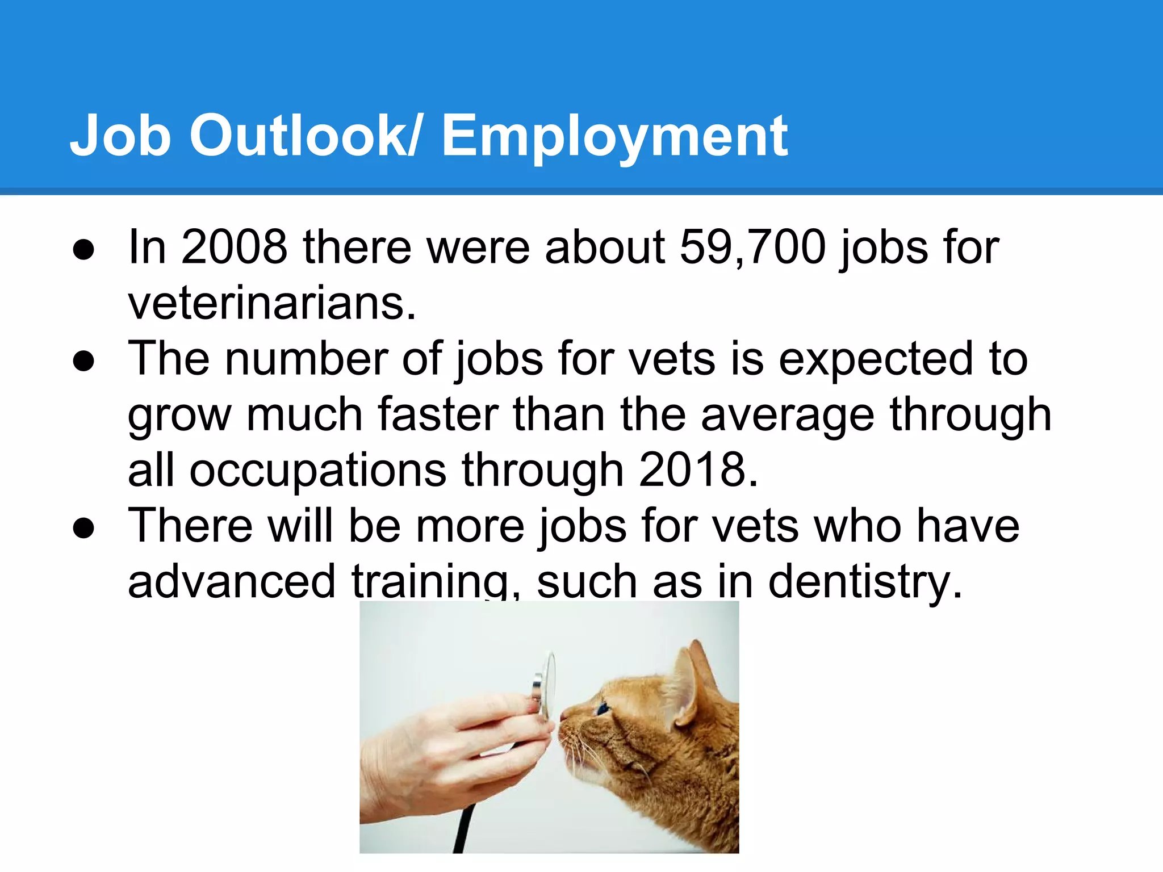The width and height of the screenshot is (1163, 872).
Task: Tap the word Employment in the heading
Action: pos(614,136)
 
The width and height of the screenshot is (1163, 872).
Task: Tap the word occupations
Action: pos(317,471)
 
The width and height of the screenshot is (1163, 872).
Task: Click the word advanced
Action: pos(232,581)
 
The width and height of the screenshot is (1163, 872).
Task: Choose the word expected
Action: pos(875,359)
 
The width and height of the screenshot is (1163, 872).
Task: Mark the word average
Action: pos(787,415)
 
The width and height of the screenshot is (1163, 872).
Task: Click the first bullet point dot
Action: pos(83,250)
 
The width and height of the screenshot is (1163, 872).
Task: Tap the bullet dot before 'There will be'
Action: pos(83,529)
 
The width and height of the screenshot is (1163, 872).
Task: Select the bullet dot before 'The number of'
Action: pos(83,362)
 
